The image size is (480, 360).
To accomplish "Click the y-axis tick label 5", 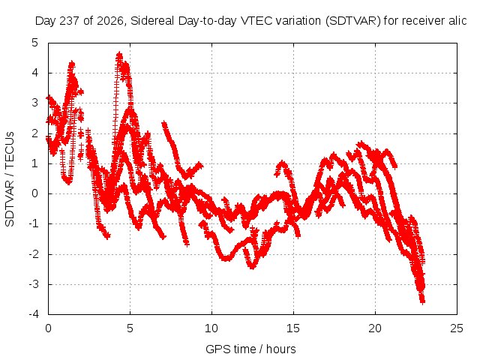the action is [35, 43].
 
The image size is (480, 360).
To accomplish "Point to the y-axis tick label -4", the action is [34, 314].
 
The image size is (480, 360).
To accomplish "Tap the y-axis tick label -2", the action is [34, 254].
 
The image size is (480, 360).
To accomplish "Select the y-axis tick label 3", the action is [35, 103].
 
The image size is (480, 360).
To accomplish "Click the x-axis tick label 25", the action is [457, 328].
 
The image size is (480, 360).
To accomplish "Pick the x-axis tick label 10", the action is [211, 328].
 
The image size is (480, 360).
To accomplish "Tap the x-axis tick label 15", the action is [293, 328].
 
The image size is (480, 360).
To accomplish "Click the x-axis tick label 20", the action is [375, 328].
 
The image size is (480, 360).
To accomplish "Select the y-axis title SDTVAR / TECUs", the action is [10, 179].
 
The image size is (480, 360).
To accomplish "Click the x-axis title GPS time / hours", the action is [250, 349].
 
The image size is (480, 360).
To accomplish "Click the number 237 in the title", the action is [70, 21].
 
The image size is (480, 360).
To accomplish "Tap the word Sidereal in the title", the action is [152, 21].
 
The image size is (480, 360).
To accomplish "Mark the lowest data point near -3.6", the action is [422, 302].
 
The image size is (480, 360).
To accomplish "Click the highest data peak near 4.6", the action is [119, 55].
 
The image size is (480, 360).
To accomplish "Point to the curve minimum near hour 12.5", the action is [252, 267].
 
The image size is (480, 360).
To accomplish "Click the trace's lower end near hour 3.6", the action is [107, 236].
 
